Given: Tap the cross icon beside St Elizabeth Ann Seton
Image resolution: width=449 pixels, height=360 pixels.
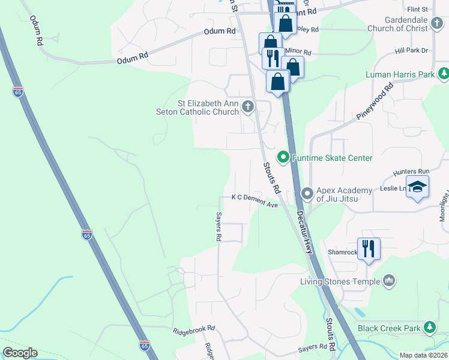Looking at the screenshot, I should coord(248,107).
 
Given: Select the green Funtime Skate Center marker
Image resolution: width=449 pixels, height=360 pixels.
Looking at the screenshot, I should coord(283,157).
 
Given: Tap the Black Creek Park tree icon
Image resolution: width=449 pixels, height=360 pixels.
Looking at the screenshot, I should coord(429,328).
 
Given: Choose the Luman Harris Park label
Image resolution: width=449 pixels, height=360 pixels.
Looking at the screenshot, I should coord(400,75).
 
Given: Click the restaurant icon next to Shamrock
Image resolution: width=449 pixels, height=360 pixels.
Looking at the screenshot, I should coord(369,248).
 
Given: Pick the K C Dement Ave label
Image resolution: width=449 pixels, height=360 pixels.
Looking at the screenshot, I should coord(255,200).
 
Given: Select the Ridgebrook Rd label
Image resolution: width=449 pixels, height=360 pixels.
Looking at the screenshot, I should coord(194,331).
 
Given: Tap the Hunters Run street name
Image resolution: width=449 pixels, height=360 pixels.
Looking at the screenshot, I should coord(409,172).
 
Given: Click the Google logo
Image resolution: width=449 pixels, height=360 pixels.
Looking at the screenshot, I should coord(19,353).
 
